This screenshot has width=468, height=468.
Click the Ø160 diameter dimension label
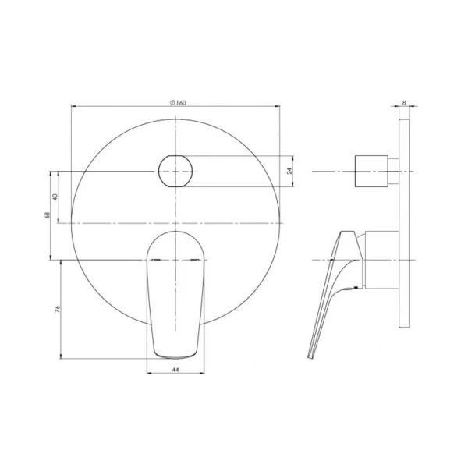(179, 101)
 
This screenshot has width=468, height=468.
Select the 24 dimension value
(289, 171)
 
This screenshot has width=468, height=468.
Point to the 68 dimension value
(48, 214)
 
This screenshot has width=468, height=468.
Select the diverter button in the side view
(371, 171)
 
